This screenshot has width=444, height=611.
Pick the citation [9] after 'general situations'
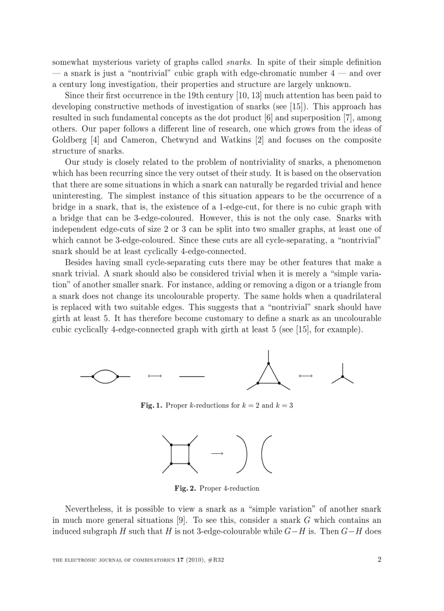[x=201, y=521]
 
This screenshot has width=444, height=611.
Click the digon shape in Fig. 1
[x=105, y=377]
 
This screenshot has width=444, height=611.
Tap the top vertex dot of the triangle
[x=268, y=363]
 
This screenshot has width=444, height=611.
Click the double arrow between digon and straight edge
[x=155, y=376]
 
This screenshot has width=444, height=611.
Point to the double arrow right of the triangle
[x=305, y=376]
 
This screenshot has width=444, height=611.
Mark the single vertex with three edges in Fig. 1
[x=342, y=377]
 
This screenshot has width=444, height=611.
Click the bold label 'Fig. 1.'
[x=151, y=406]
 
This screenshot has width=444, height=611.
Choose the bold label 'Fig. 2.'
[x=185, y=489]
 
